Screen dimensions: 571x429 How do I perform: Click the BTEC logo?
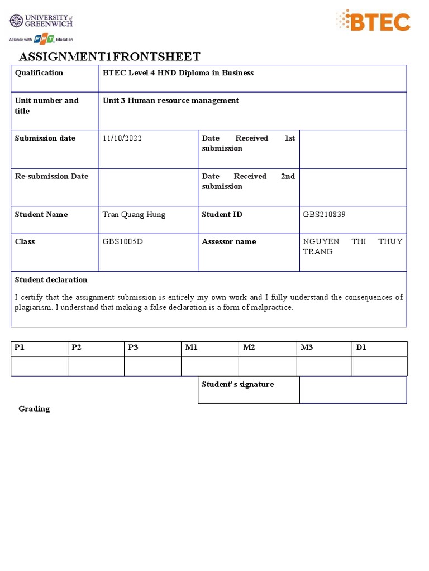pyautogui.click(x=373, y=22)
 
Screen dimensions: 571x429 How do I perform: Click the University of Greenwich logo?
pyautogui.click(x=41, y=22)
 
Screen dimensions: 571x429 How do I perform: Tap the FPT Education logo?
pyautogui.click(x=42, y=39)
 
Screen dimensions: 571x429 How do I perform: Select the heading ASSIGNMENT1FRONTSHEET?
pyautogui.click(x=109, y=56)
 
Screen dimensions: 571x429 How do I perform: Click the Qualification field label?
pyautogui.click(x=39, y=73)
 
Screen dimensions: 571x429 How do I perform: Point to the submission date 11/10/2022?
pyautogui.click(x=122, y=138)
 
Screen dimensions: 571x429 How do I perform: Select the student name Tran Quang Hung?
pyautogui.click(x=134, y=215)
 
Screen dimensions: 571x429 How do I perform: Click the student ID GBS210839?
pyautogui.click(x=324, y=215)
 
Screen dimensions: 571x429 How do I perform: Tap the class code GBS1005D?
pyautogui.click(x=123, y=242)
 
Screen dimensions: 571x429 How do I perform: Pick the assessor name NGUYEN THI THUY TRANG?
pyautogui.click(x=352, y=246)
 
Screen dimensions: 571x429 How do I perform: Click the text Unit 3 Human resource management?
pyautogui.click(x=171, y=100)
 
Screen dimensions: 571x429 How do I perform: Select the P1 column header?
pyautogui.click(x=20, y=347)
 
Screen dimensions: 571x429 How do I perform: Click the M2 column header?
pyautogui.click(x=249, y=347)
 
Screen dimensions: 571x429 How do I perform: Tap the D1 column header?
pyautogui.click(x=361, y=347)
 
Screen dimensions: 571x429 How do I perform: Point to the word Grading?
pyautogui.click(x=34, y=409)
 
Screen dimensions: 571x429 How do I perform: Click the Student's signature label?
pyautogui.click(x=238, y=384)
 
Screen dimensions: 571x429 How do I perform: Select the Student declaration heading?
pyautogui.click(x=51, y=280)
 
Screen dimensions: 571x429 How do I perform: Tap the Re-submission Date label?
pyautogui.click(x=51, y=176)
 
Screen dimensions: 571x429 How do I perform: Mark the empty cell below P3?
pyautogui.click(x=152, y=366)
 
